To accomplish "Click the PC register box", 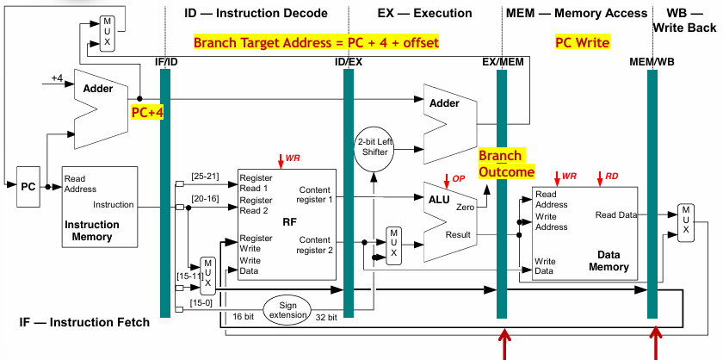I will (x=28, y=187).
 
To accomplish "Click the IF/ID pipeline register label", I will (x=165, y=62).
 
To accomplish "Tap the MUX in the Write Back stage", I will (x=686, y=223).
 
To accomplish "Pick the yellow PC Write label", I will (x=583, y=42).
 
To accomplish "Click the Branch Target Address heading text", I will (x=316, y=42).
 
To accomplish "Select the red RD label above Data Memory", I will (x=612, y=177).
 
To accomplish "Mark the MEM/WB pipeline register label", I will (x=651, y=62).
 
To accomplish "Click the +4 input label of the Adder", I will (x=57, y=78).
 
